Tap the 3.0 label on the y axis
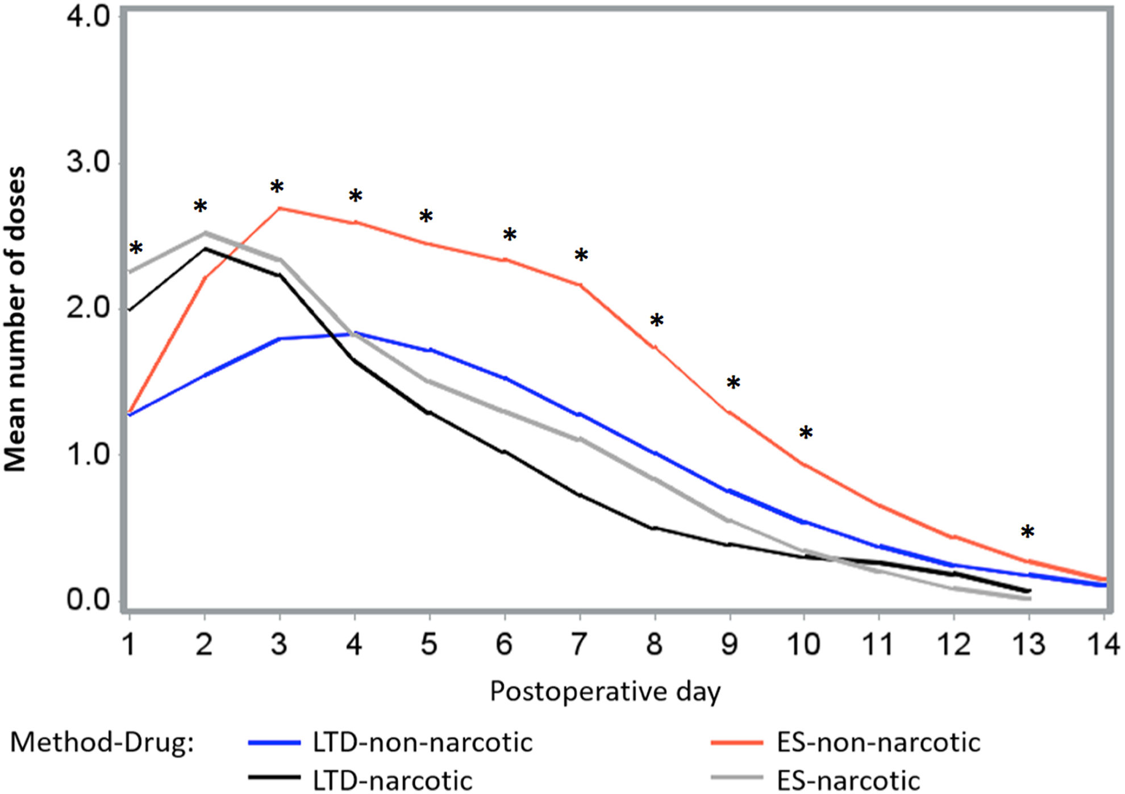(89, 162)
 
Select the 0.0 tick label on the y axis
(89, 600)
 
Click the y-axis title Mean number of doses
(15, 319)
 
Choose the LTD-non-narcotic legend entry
(391, 743)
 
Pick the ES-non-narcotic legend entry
(846, 743)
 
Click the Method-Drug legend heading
(102, 743)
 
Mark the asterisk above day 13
(1027, 532)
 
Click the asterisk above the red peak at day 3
(277, 187)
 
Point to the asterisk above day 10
(806, 433)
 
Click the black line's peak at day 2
(205, 249)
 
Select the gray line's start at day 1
(130, 272)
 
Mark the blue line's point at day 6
(505, 378)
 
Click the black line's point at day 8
(655, 528)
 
